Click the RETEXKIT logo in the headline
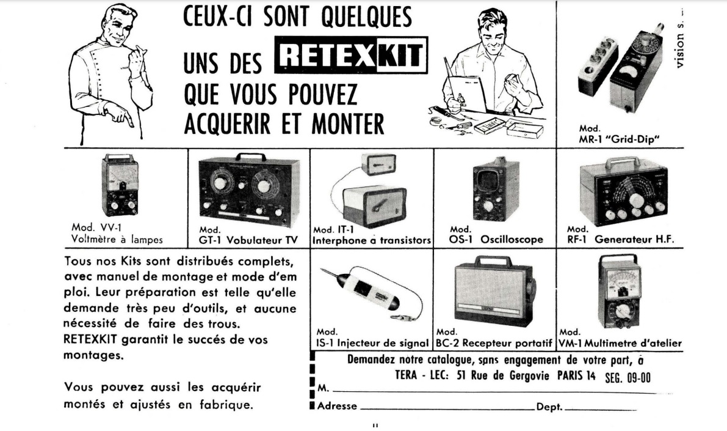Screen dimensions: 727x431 (351, 56)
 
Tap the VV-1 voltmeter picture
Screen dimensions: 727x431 (120, 185)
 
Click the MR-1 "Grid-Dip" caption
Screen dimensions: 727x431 (619, 134)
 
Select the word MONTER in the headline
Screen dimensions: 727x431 (348, 123)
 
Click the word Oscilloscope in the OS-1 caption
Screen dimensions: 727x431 (512, 240)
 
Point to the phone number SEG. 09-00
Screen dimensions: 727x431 (628, 377)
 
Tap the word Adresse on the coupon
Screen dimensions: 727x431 (337, 406)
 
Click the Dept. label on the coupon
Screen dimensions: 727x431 (549, 407)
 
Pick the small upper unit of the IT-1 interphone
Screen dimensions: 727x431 (378, 164)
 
